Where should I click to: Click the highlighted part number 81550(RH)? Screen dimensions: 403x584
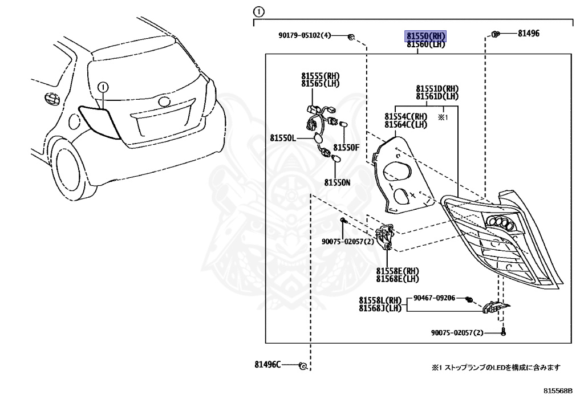(x=425, y=36)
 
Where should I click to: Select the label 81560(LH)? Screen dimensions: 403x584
(x=425, y=44)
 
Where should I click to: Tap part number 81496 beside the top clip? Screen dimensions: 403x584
(x=529, y=34)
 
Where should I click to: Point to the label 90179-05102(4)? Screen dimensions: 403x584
(x=305, y=35)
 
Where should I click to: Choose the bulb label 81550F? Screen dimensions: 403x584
(x=346, y=147)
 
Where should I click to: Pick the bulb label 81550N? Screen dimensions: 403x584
(x=337, y=182)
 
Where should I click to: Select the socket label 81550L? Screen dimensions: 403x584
(x=283, y=138)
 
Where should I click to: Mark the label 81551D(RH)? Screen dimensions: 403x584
(x=437, y=89)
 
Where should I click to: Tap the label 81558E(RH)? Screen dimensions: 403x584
(x=397, y=271)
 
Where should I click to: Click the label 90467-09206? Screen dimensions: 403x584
(x=434, y=298)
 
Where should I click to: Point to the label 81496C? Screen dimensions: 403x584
(x=268, y=364)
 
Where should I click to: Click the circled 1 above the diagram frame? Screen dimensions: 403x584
(x=259, y=11)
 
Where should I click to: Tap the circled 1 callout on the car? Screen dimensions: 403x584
(x=103, y=87)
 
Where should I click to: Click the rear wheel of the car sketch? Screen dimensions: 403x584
(x=71, y=163)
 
